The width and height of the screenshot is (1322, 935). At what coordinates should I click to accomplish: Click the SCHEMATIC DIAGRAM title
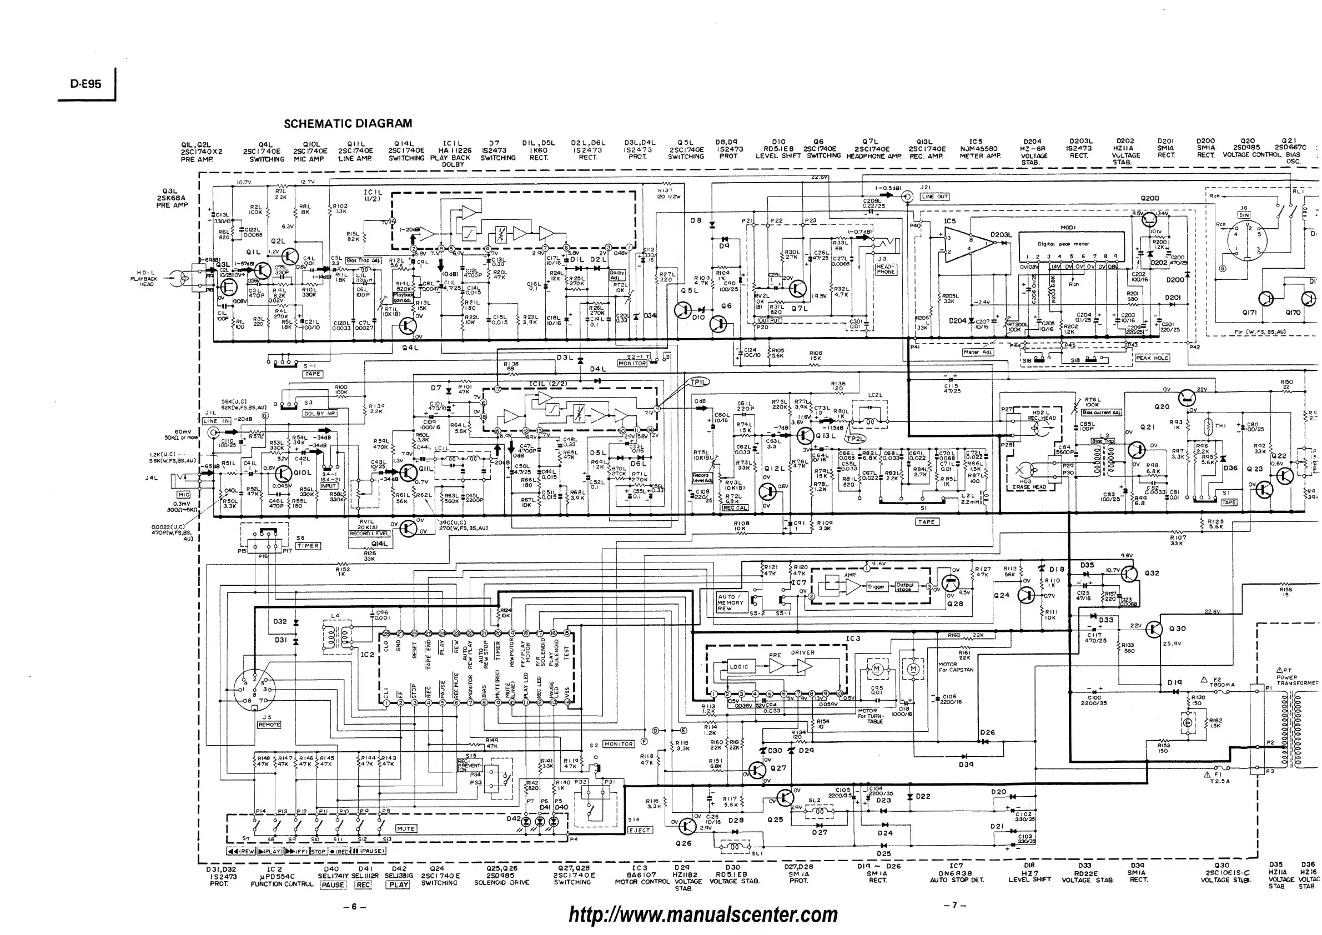pyautogui.click(x=348, y=123)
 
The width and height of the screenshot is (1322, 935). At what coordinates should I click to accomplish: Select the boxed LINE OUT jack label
pyautogui.click(x=934, y=197)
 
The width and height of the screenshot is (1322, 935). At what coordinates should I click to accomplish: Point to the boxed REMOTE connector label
pyautogui.click(x=269, y=724)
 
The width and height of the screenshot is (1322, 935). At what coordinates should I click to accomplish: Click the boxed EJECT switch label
pyautogui.click(x=639, y=830)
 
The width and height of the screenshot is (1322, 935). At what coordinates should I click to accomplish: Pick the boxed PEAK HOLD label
pyautogui.click(x=1152, y=358)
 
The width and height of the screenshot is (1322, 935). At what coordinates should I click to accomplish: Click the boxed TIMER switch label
pyautogui.click(x=308, y=546)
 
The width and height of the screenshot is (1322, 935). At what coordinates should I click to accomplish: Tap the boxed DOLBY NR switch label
pyautogui.click(x=320, y=414)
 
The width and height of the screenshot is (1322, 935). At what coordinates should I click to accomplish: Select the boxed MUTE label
pyautogui.click(x=406, y=828)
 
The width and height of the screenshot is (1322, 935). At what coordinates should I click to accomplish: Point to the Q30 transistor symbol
pyautogui.click(x=1154, y=629)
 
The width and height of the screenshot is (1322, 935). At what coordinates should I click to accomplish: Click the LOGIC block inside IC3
pyautogui.click(x=738, y=667)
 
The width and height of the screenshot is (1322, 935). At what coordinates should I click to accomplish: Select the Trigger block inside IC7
pyautogui.click(x=875, y=587)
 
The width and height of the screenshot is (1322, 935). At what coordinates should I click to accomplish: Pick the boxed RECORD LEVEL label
pyautogui.click(x=369, y=533)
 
